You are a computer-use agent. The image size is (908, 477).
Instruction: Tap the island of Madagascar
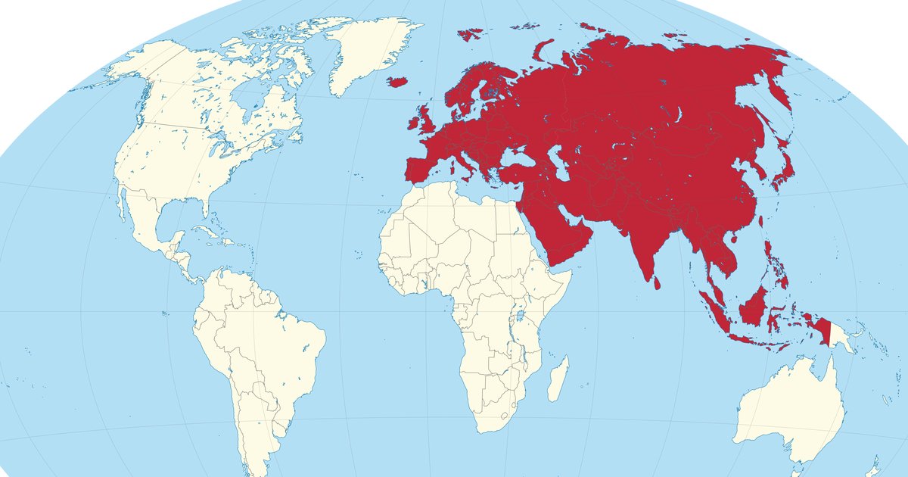click(558, 379)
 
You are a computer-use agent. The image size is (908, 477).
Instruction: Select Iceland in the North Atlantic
click(397, 80)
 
